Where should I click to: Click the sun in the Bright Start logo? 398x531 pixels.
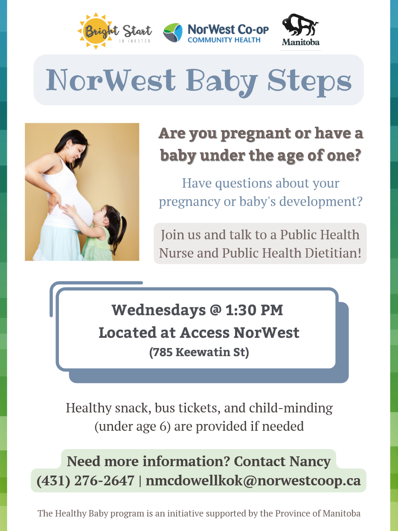96,31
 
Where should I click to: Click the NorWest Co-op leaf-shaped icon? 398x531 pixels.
172,33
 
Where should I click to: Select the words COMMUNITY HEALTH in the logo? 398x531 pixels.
224,40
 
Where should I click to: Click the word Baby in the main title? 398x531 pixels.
221,81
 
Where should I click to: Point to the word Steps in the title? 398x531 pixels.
309,81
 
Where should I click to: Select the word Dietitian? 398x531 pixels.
333,253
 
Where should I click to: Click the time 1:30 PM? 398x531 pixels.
254,310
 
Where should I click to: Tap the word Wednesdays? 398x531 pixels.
158,310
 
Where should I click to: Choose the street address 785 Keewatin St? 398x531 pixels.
199,352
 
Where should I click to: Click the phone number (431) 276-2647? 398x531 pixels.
85,480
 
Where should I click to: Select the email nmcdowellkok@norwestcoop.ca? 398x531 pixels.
253,480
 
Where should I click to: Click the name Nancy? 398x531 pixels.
310,461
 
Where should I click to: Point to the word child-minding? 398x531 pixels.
291,408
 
